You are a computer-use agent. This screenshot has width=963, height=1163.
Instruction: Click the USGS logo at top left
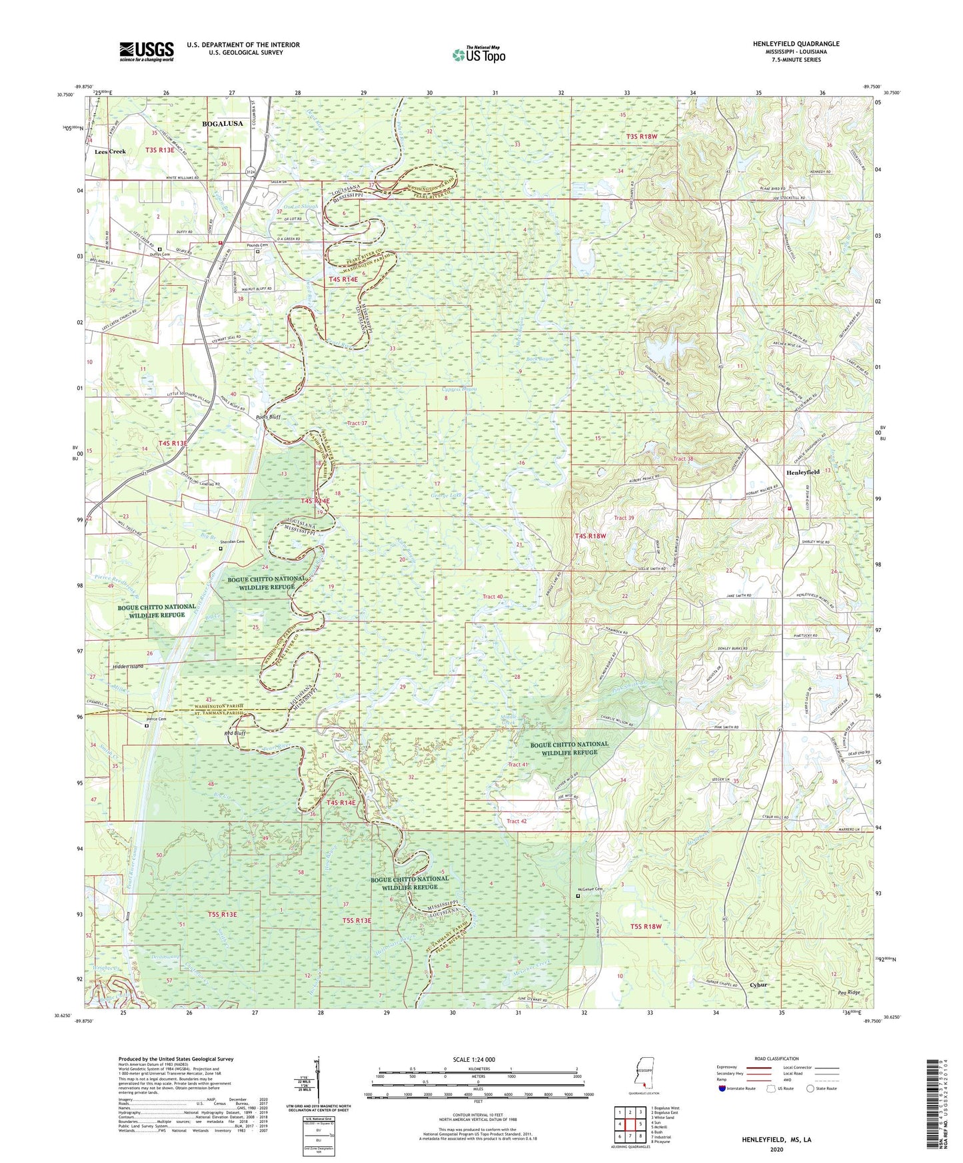[x=146, y=51]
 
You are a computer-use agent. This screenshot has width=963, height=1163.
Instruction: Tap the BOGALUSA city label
[x=222, y=123]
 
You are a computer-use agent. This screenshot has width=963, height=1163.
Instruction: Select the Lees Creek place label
[x=110, y=152]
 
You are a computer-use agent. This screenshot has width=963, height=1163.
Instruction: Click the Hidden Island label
[x=129, y=666]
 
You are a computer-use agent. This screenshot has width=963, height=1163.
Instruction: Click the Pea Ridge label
[x=849, y=992]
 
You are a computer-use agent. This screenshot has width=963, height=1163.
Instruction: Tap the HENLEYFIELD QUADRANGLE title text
[x=796, y=44]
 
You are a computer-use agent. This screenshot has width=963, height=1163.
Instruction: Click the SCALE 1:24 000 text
[x=477, y=1059]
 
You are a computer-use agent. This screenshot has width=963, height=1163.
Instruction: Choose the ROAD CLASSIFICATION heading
[x=776, y=1058]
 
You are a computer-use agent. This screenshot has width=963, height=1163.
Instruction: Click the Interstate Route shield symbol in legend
[x=722, y=1088]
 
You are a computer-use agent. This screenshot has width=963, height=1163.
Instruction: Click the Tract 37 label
[x=357, y=423]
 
